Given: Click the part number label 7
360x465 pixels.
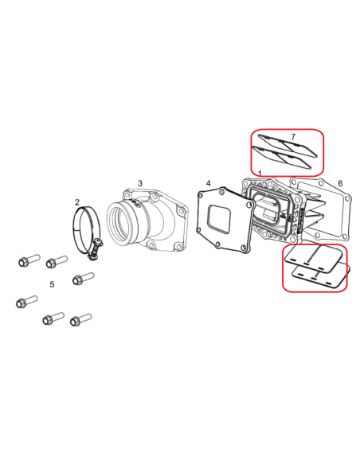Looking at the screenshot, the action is pos(293,137).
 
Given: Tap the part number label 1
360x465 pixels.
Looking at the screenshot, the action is pos(260,174).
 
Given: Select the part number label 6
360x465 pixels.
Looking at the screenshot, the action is pos(340,183).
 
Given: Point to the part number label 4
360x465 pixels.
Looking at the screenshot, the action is pos(209,183).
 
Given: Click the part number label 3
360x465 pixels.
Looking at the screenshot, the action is pos(140,183).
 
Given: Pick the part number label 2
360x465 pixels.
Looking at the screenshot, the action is pos(77,202).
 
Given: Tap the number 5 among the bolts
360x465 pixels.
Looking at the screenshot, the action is pos(52,284).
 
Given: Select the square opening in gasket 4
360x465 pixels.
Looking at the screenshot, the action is pos(219,218).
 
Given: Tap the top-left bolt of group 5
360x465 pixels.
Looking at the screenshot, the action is pos(29,260).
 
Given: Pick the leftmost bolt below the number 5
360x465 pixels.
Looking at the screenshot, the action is pos(27,302).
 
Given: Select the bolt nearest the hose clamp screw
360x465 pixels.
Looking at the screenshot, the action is pos(84,278).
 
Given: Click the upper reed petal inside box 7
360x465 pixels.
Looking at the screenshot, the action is pos(288,145).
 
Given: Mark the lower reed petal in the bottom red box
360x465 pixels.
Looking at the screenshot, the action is pos(321,275).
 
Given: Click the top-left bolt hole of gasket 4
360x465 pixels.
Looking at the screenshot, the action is pos(201,194).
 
